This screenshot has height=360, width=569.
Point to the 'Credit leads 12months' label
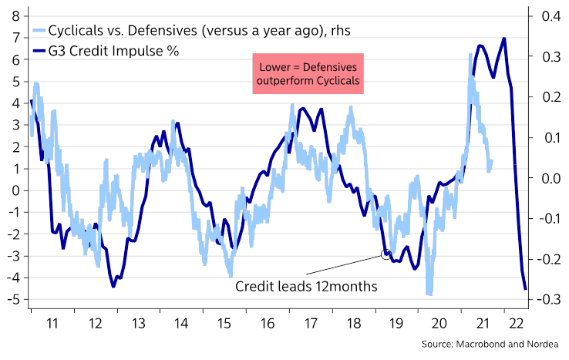click(306, 286)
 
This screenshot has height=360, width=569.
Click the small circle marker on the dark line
click(386, 254)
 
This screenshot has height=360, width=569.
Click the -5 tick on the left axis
click(13, 299)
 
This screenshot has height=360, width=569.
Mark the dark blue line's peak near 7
click(504, 39)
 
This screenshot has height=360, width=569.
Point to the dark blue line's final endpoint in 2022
click(525, 288)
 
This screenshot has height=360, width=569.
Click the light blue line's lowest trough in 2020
click(428, 294)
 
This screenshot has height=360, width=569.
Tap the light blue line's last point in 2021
click(491, 161)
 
